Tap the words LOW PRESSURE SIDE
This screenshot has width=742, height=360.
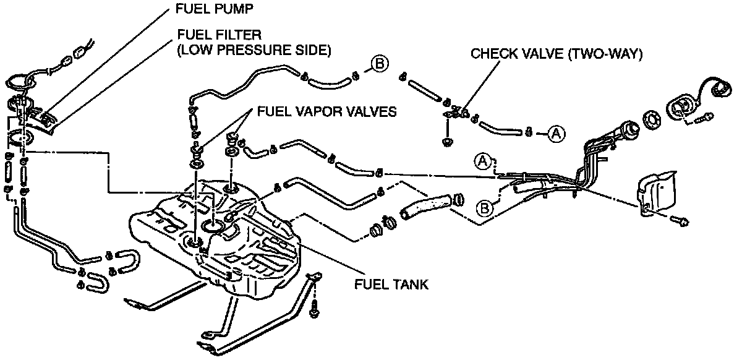(x=254, y=50)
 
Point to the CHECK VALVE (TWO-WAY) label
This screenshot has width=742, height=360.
(x=557, y=54)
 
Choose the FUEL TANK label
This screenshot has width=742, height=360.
(x=391, y=285)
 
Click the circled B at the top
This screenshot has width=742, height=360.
(x=378, y=64)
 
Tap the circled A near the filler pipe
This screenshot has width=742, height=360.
(x=484, y=162)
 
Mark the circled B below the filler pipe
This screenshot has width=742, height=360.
(x=485, y=207)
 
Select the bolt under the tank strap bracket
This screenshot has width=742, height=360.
(x=315, y=310)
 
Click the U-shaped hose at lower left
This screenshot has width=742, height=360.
(x=98, y=281)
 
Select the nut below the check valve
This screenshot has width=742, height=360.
(x=446, y=143)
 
